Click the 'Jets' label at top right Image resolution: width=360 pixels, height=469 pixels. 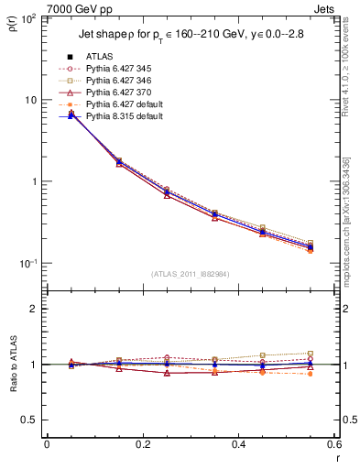point(323,8)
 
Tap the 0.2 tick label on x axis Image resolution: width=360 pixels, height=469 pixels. point(142,444)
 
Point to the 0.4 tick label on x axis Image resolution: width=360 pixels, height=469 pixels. point(238,444)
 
